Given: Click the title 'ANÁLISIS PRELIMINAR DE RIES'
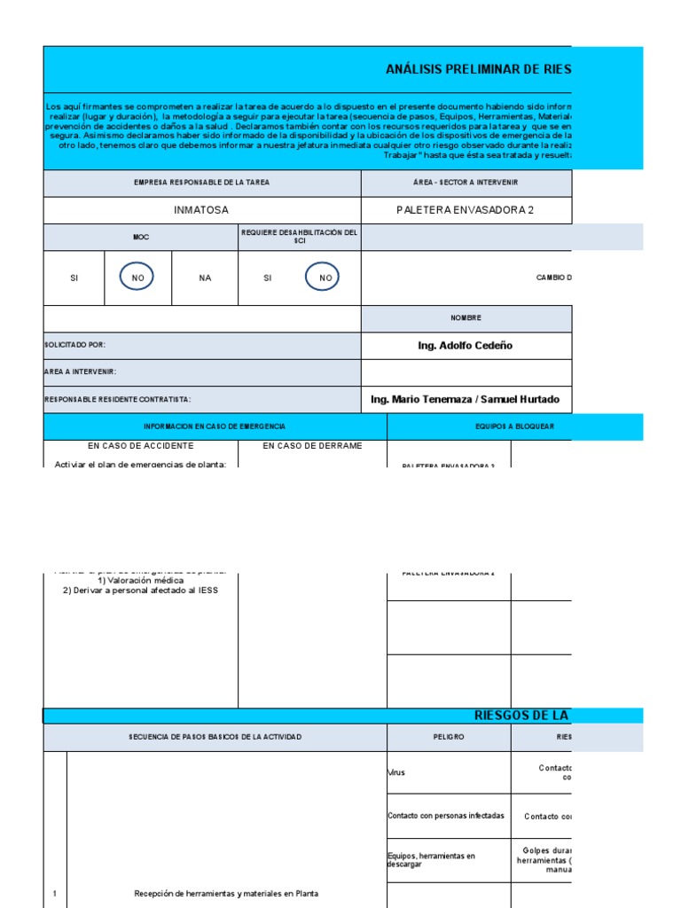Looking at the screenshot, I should (x=478, y=69).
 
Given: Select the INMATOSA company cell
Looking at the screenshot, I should (x=201, y=210).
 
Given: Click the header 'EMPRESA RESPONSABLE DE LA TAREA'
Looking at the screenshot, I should (x=201, y=182).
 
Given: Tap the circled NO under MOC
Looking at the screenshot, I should (x=137, y=278).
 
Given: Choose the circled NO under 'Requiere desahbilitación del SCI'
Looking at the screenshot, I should (x=325, y=278).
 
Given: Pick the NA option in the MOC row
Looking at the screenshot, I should (x=205, y=278).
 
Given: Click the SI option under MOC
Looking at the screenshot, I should (x=74, y=278).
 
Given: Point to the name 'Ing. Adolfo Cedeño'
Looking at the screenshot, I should (x=466, y=345).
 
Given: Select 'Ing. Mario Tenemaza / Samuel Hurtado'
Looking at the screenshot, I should (x=466, y=399).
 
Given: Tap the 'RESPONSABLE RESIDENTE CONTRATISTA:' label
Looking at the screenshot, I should (x=118, y=400).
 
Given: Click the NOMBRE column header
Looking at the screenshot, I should (x=466, y=317).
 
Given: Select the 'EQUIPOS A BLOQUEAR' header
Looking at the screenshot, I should (x=514, y=427).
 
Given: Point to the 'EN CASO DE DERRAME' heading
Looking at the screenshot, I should (x=312, y=446).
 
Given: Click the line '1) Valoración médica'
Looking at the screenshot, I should (x=140, y=581).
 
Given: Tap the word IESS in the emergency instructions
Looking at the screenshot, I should (x=207, y=591).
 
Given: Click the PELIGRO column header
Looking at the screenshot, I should (x=448, y=737).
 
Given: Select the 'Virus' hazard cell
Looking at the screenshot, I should (x=396, y=772).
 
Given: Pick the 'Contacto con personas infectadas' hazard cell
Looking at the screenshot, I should (x=434, y=816).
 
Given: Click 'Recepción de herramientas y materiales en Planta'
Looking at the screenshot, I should (x=225, y=894).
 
